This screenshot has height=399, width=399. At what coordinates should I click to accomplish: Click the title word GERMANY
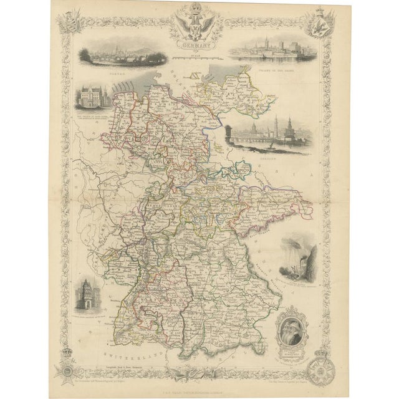[197, 46]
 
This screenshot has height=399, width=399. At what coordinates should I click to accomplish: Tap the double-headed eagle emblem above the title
[197, 24]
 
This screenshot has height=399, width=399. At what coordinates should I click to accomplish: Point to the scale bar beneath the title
[197, 57]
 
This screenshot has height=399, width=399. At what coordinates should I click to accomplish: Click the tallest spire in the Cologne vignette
[248, 42]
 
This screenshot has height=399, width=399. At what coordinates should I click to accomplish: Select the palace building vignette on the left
[92, 99]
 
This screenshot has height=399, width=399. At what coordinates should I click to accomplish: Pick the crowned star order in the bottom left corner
[68, 369]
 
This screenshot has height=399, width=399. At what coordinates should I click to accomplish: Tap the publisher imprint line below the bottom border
[197, 390]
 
